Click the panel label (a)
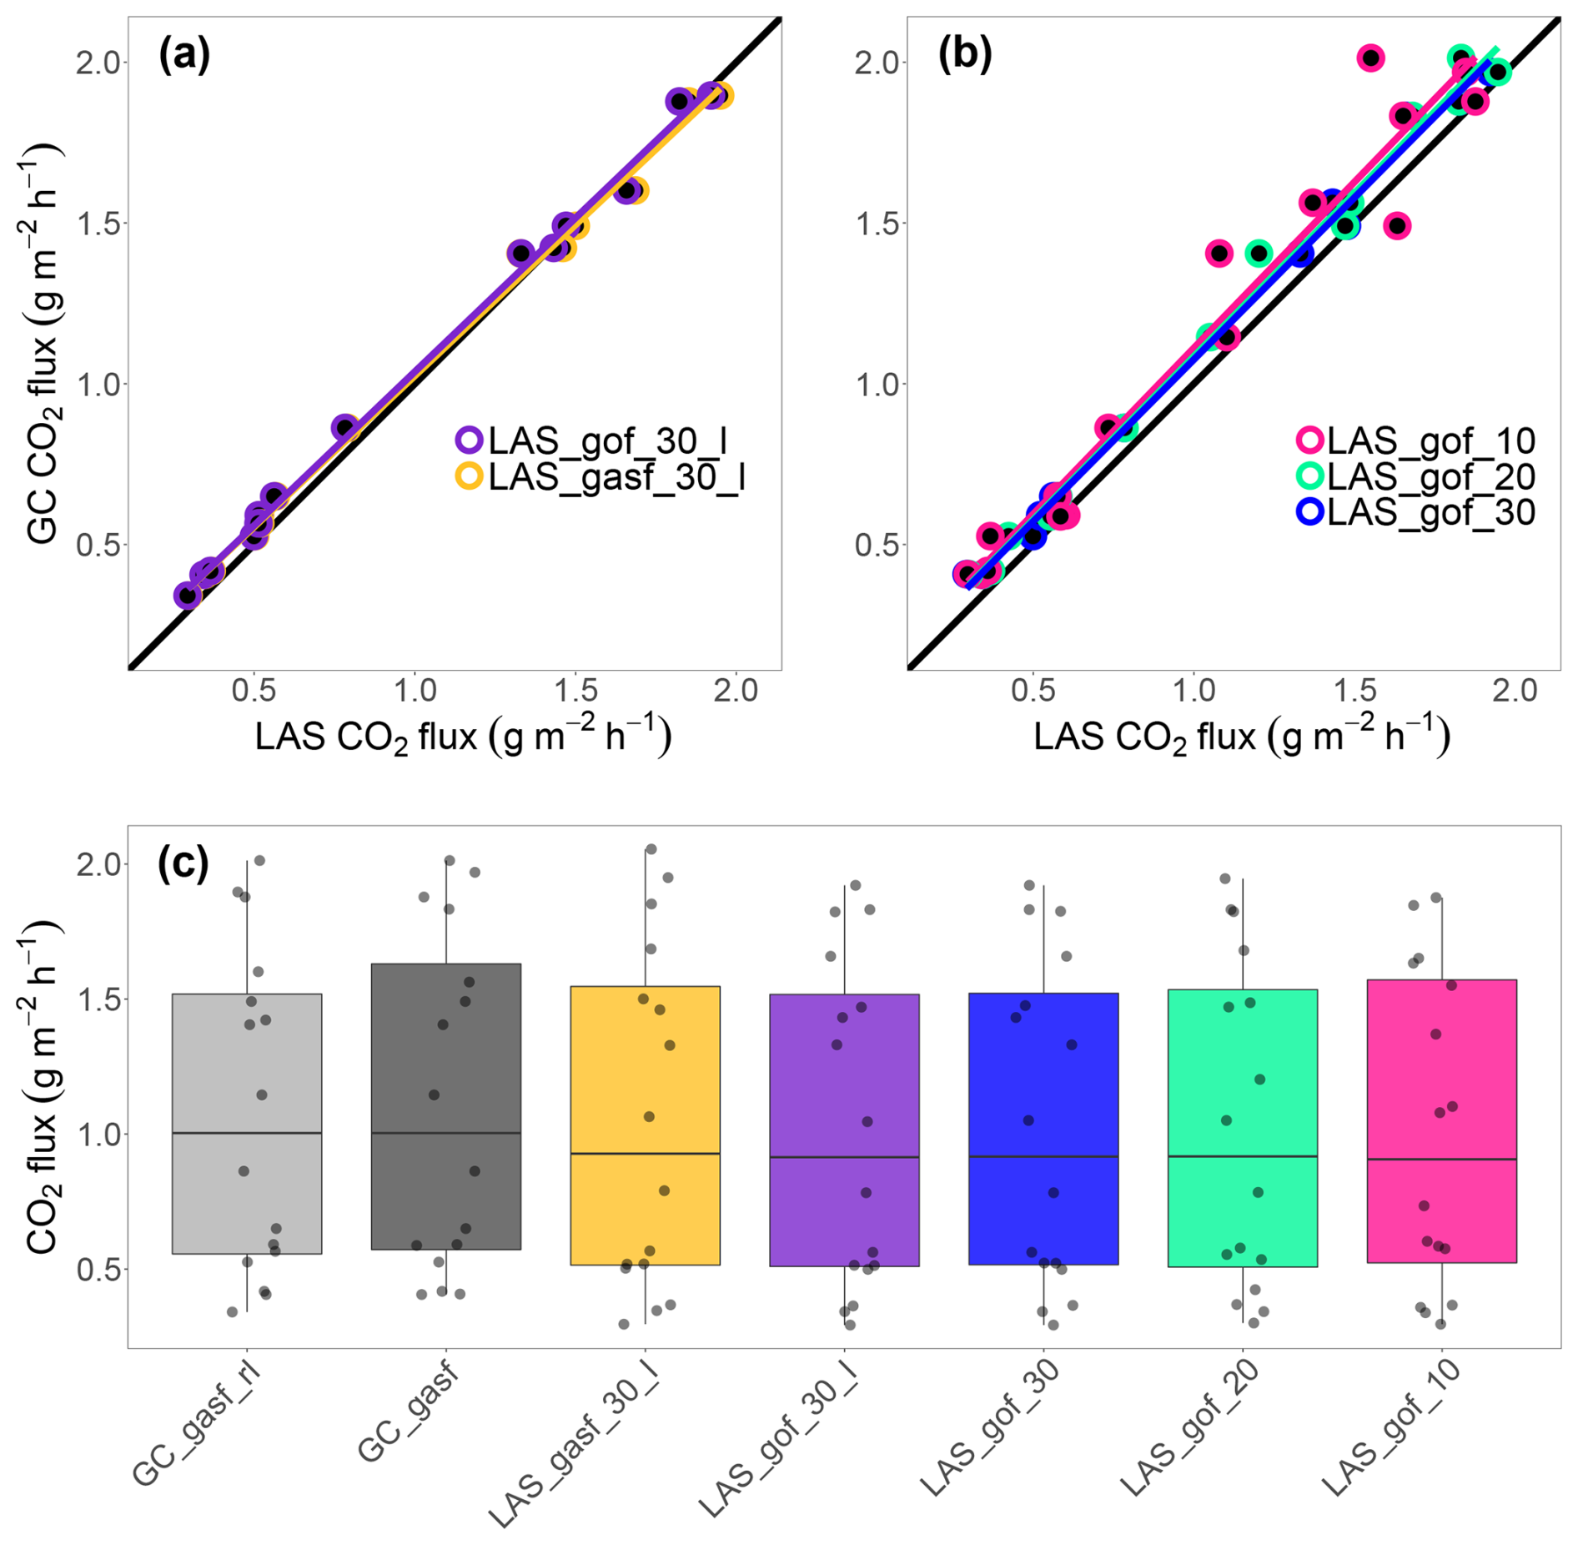183,55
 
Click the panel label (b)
965,55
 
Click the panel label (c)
183,863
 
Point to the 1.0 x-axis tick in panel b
1194,691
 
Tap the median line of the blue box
1043,1156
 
